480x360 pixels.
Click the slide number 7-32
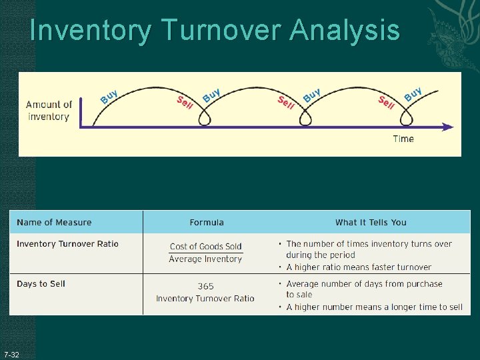click(11, 353)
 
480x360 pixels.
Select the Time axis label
click(403, 139)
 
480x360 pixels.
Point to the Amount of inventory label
click(49, 111)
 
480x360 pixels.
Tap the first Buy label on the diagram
click(109, 97)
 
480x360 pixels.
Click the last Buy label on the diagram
click(413, 93)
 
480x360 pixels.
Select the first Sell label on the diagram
click(185, 103)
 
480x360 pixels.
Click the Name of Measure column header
click(54, 222)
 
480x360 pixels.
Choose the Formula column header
click(207, 222)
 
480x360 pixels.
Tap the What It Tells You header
click(371, 222)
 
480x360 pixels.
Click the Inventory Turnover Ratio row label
click(67, 244)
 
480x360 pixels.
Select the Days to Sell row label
click(41, 284)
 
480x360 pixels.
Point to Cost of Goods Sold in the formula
click(206, 247)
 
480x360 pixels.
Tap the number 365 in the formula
click(205, 286)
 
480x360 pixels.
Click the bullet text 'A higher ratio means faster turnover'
click(359, 267)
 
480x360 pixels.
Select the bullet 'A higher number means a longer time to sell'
click(374, 307)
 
